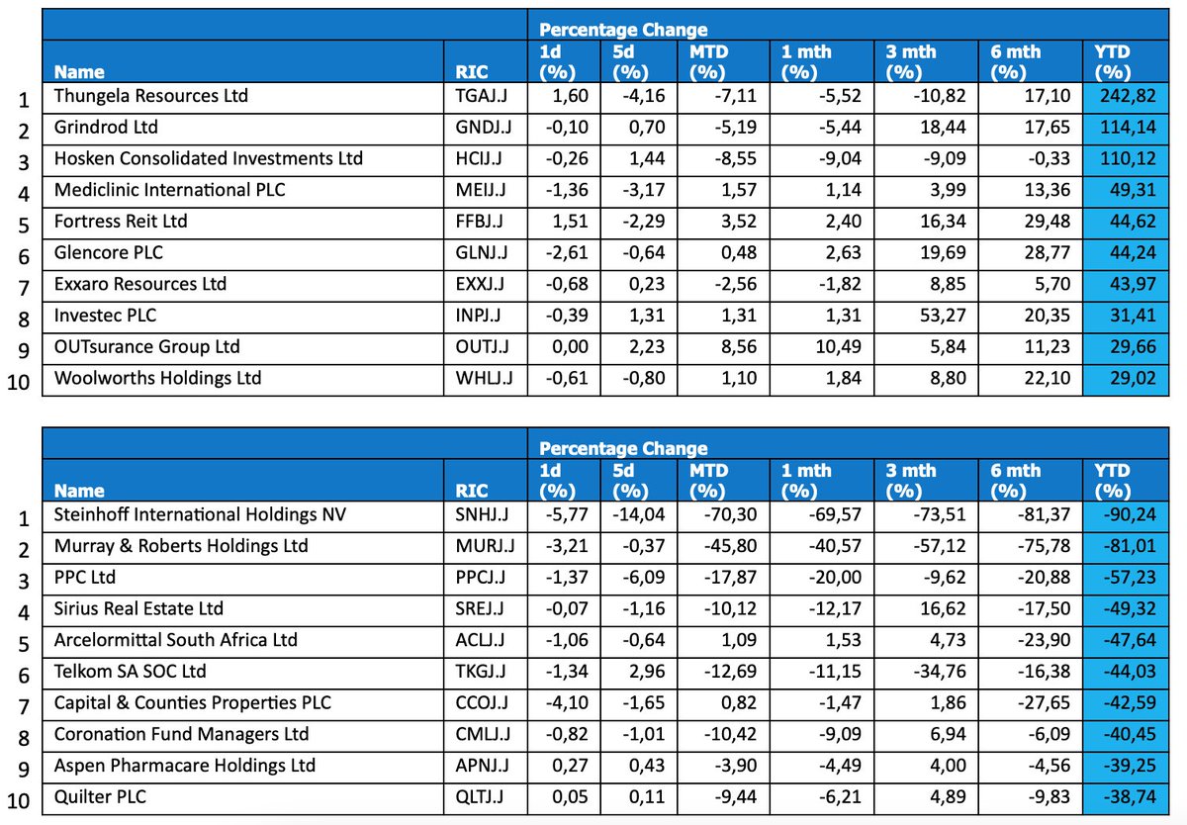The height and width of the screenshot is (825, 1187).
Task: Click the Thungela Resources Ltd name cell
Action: [151, 96]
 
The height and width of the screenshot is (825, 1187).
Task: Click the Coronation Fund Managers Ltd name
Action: [181, 735]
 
